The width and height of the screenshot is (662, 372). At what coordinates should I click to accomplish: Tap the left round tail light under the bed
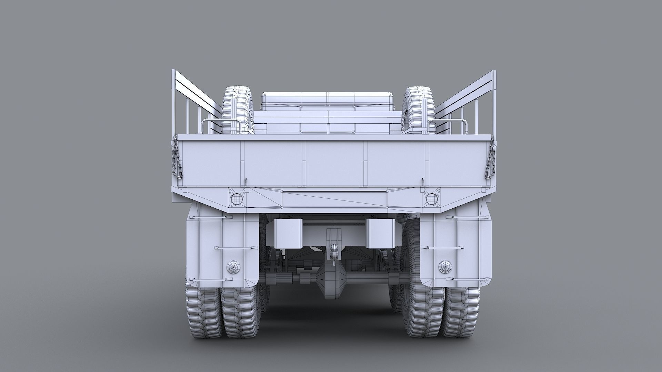pos(237,198)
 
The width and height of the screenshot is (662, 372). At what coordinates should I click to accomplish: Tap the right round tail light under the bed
pos(431,198)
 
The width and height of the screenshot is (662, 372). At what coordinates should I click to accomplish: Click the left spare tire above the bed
pos(238,110)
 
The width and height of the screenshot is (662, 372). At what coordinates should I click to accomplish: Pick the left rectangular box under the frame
pos(288,234)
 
